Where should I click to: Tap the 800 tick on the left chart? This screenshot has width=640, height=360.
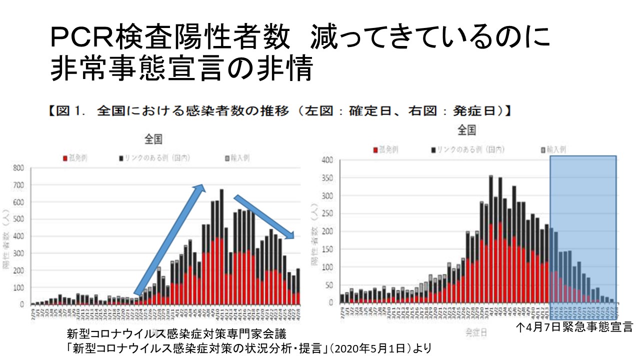pyautogui.click(x=18, y=168)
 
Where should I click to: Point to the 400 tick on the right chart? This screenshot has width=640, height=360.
pyautogui.click(x=328, y=160)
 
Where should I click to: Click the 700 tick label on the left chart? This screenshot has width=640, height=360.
pyautogui.click(x=18, y=185)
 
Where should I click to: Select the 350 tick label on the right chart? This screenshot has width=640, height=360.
pyautogui.click(x=328, y=178)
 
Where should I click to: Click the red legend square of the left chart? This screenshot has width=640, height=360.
pyautogui.click(x=65, y=158)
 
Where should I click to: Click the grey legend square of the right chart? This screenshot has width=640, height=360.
pyautogui.click(x=543, y=149)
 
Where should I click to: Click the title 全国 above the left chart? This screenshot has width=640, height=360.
pyautogui.click(x=153, y=139)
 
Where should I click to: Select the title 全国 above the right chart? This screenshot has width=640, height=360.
pyautogui.click(x=466, y=130)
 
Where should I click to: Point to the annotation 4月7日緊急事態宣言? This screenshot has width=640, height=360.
pyautogui.click(x=575, y=328)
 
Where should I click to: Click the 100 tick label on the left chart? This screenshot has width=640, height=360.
pyautogui.click(x=18, y=288)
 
